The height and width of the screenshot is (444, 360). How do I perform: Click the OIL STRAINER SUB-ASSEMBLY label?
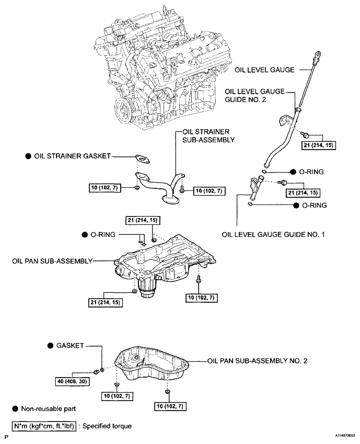pos(207,135)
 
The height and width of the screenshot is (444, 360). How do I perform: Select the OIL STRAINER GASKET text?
pos(73,156)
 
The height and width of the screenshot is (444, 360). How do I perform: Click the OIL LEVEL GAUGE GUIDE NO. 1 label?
pos(273,235)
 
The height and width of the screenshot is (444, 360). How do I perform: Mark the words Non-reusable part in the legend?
pos(48,408)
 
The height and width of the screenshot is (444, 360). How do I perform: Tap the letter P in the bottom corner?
pos(7,435)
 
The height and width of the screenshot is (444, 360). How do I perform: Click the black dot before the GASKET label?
pos(50,346)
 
